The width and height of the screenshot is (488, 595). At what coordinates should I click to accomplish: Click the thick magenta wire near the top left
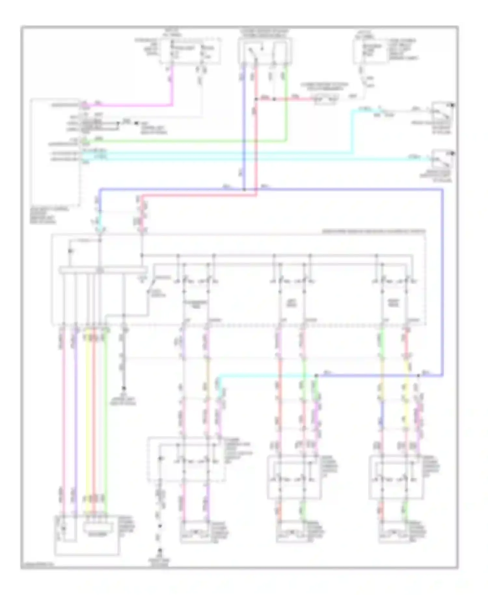click(130, 105)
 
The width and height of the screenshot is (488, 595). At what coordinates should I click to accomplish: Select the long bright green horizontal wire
click(182, 142)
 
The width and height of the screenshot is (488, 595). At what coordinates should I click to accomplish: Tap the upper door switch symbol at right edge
click(442, 113)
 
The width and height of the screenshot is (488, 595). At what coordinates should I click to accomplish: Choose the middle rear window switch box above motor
click(294, 477)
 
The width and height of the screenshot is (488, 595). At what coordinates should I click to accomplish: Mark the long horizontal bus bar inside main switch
click(103, 270)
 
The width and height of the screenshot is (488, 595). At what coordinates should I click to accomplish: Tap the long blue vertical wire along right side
click(442, 283)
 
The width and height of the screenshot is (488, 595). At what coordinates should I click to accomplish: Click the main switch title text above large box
click(373, 231)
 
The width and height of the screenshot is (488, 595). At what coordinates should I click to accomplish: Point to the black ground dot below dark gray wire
click(124, 388)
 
